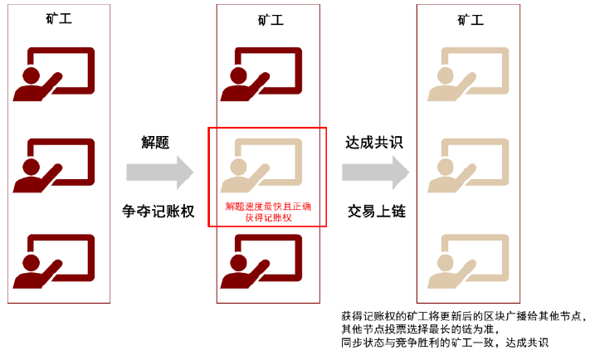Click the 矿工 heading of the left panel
(59, 18)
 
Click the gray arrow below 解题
(160, 173)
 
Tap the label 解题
(155, 143)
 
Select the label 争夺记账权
(158, 212)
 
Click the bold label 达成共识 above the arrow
(374, 143)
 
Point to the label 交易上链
(376, 212)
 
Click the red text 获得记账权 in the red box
(268, 217)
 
